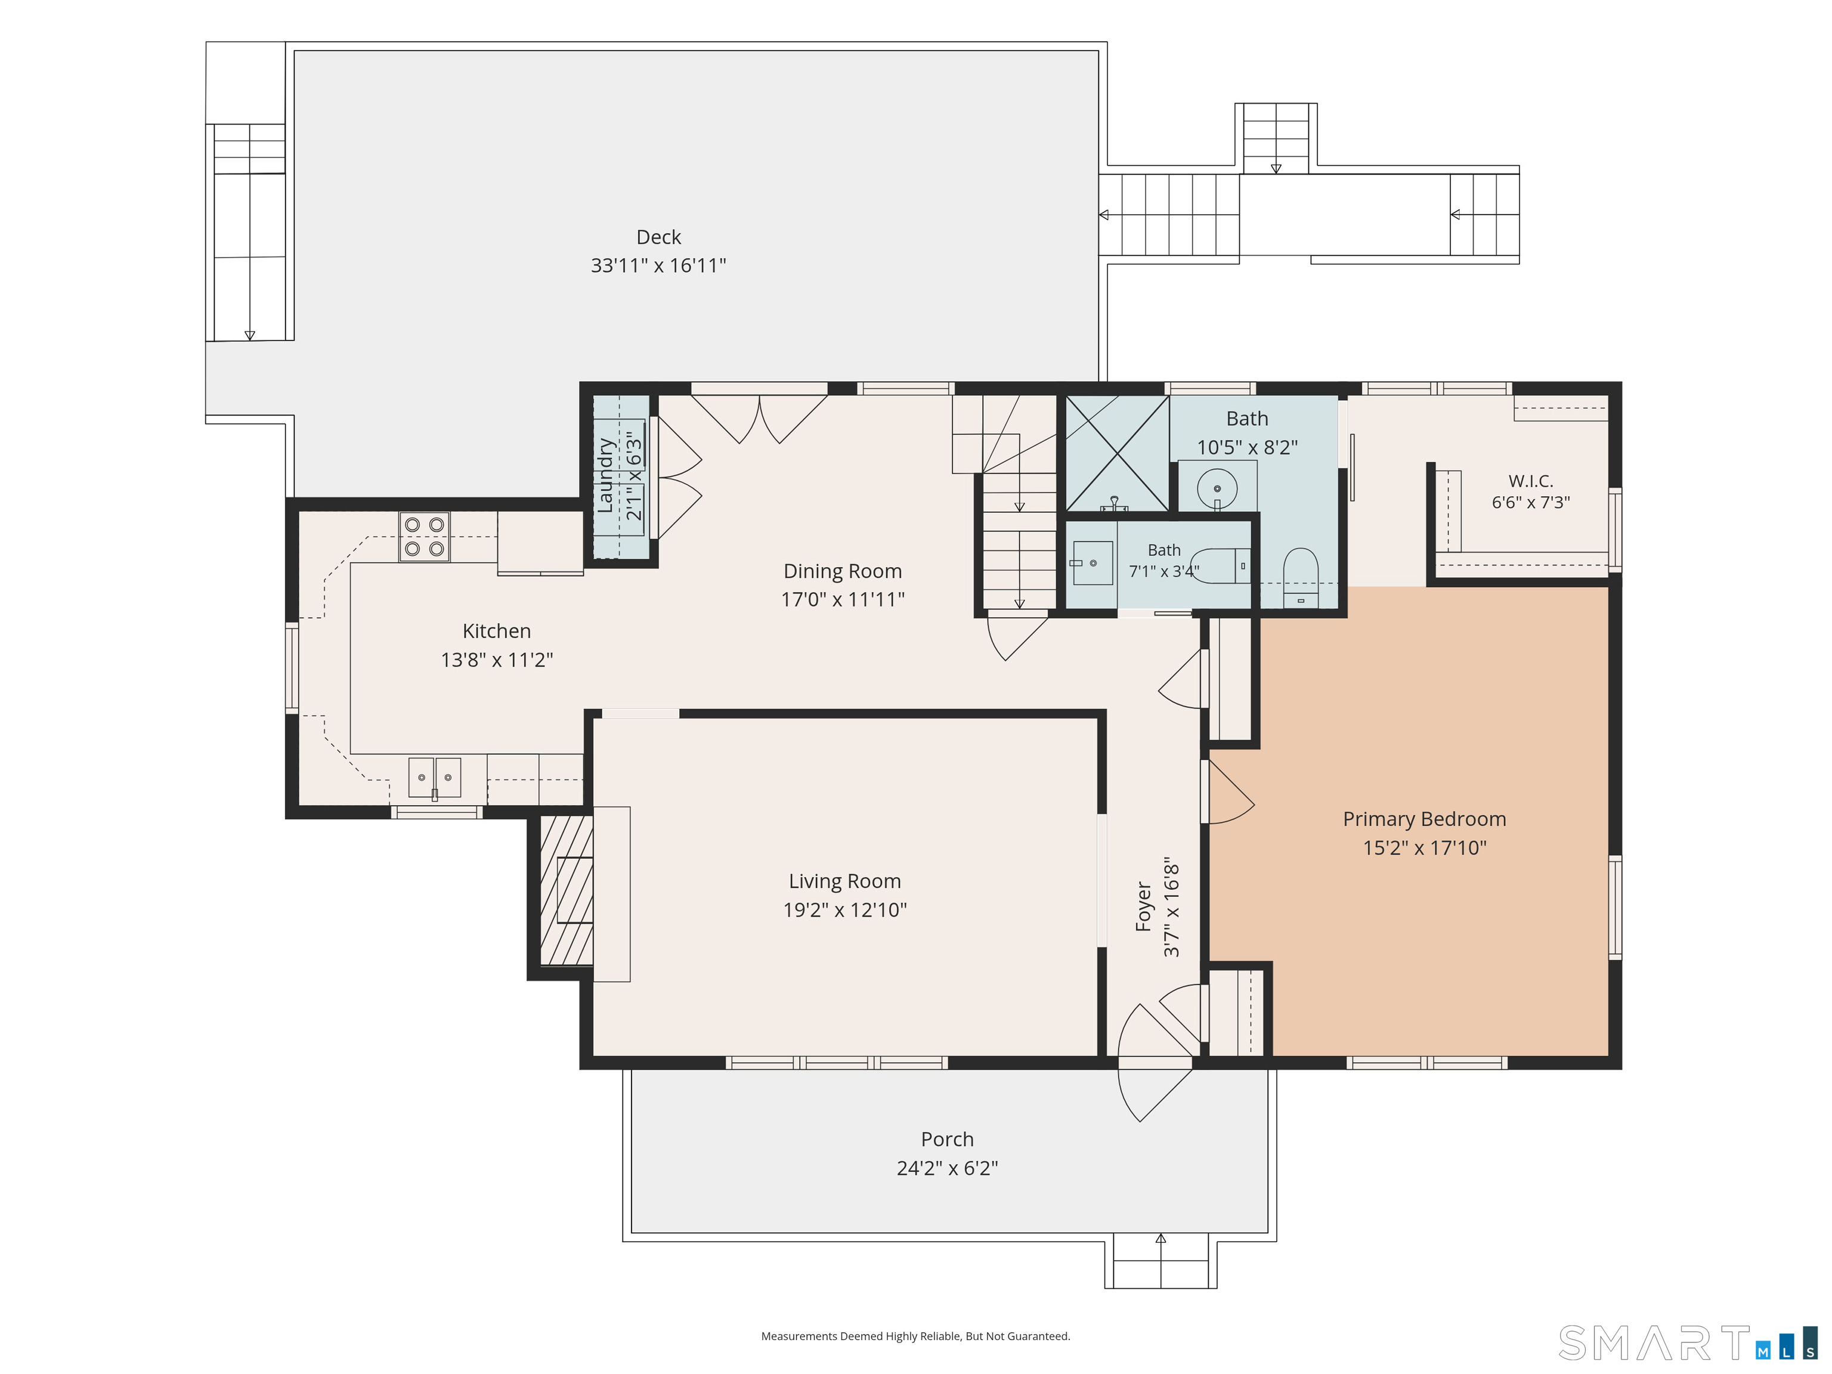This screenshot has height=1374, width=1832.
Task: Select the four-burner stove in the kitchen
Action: (x=424, y=537)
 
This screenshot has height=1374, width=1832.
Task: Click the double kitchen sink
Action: (x=435, y=778)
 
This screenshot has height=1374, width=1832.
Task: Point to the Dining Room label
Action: (x=842, y=571)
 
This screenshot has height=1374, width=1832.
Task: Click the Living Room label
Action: (x=845, y=881)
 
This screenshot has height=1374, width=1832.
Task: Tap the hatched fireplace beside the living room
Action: (x=567, y=890)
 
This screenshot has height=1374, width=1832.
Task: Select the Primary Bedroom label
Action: (x=1425, y=819)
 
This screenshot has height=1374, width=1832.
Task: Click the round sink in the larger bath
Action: (x=1217, y=488)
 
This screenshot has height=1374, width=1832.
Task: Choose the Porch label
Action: (x=948, y=1140)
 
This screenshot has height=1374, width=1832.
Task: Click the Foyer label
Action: (x=1144, y=907)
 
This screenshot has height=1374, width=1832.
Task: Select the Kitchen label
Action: (x=497, y=631)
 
